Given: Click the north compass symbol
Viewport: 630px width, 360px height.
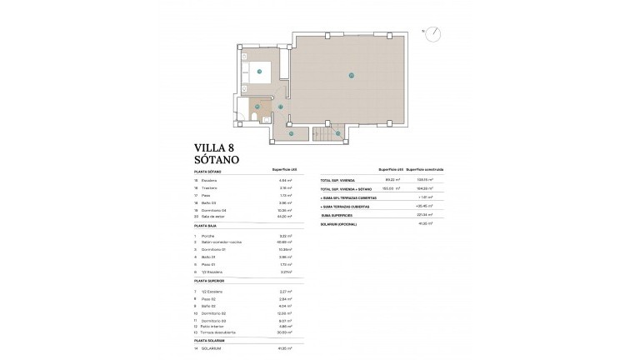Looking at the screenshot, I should pos(432,34).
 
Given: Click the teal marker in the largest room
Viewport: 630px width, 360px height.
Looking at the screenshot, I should pos(352,76).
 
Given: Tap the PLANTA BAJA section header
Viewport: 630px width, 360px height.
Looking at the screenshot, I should pos(207,226).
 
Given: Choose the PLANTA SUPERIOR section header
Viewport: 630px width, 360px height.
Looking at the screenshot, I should pos(211,281).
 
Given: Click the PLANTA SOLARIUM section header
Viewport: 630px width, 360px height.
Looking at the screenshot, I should pos(211,341).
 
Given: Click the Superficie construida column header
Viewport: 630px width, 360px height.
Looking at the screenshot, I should pos(426,169).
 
